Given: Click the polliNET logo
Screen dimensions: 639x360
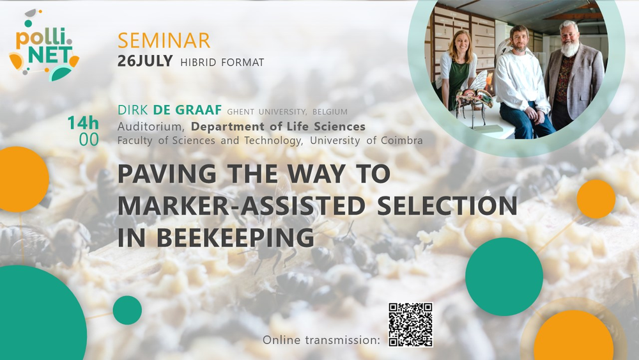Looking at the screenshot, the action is coord(44,45).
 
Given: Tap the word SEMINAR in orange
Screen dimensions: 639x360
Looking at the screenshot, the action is coord(164,40).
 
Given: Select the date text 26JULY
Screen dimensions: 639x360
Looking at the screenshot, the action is coord(145,61).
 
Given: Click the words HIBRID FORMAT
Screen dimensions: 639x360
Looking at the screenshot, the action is coord(222,63).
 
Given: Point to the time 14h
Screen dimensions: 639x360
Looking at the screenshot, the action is coord(83,123).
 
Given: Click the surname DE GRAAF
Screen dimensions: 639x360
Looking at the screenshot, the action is coord(187,110).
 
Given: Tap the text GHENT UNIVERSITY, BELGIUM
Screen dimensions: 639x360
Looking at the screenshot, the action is coord(288,112).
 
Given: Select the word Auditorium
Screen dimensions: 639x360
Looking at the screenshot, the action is coord(151,127).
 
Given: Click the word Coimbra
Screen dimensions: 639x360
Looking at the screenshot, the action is coord(402,140).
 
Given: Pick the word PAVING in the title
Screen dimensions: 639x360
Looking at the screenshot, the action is coord(167,174).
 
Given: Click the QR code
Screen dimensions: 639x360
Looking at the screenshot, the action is coord(410,325).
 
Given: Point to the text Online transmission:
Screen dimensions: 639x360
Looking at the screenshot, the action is coord(321,340).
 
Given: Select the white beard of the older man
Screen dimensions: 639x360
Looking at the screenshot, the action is coord(570,49).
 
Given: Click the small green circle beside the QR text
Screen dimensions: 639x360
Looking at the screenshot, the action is coord(127,310).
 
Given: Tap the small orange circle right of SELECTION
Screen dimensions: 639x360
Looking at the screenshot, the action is coord(596,199).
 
